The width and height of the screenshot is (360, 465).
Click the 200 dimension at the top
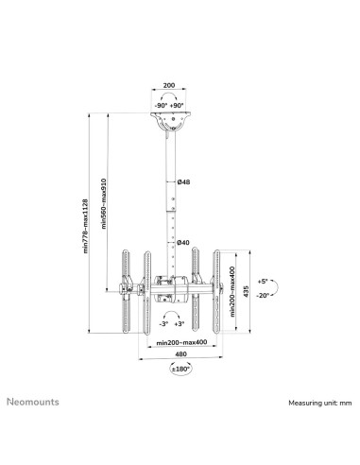coord(169,85)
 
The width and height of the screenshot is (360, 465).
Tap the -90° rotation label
coord(161,106)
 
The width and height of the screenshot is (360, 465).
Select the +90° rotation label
coord(177,106)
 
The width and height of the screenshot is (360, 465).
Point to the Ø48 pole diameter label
coord(183,181)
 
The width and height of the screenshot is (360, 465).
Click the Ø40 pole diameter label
coord(183,242)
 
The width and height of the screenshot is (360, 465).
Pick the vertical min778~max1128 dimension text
coord(85,226)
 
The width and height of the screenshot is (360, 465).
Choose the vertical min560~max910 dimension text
coord(104,203)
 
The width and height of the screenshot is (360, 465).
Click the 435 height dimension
coord(246,291)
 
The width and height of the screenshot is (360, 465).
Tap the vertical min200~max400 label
coord(232,291)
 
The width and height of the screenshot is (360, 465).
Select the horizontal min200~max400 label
coord(181,342)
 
